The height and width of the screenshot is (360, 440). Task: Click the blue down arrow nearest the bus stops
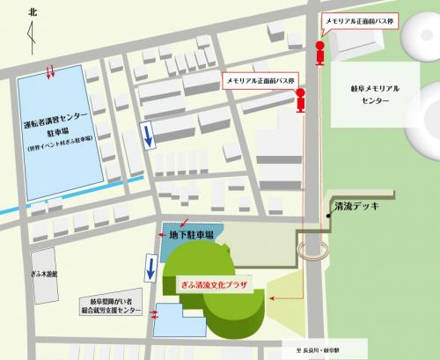[x=148, y=135]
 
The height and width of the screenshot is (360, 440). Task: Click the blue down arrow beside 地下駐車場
[x=150, y=270]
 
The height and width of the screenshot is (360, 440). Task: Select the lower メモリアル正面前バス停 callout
[x=262, y=79]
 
